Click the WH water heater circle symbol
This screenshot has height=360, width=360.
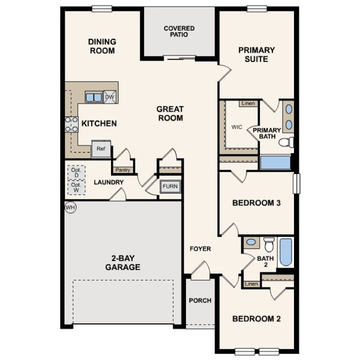click(x=70, y=208)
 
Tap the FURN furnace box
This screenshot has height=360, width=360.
click(x=170, y=187)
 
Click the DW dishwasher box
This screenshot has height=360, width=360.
click(x=109, y=97)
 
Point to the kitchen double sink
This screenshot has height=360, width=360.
click(x=93, y=97)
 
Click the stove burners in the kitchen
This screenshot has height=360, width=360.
click(x=71, y=124)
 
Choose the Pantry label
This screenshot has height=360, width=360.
click(x=123, y=170)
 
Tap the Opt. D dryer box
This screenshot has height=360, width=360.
click(x=76, y=172)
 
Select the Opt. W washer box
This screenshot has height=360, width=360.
click(x=76, y=188)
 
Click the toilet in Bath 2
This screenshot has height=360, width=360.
click(x=269, y=244)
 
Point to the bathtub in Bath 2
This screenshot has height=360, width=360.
click(x=286, y=253)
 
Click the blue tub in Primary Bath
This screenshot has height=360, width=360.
click(x=275, y=163)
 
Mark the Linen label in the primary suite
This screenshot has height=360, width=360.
click(x=248, y=104)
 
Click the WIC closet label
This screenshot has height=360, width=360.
click(x=236, y=127)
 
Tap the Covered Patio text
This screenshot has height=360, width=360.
click(x=179, y=31)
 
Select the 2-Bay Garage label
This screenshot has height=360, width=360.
click(x=122, y=262)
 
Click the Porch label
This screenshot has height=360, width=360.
click(x=199, y=300)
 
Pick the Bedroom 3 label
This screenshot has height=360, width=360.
click(x=256, y=203)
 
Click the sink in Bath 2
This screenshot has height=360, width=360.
click(x=251, y=243)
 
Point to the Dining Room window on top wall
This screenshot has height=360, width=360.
click(x=102, y=8)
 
